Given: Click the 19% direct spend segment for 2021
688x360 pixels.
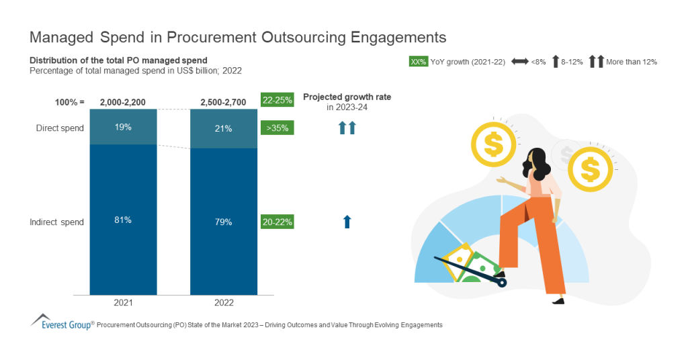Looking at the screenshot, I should point(123,127).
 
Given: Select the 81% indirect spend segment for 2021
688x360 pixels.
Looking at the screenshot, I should point(123,221).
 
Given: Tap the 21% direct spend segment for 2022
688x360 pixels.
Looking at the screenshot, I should point(224,128).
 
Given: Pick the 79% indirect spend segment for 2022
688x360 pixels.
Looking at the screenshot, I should point(224,222).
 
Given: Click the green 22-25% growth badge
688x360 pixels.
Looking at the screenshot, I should point(277,101).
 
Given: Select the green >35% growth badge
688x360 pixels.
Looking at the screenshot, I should point(277,128).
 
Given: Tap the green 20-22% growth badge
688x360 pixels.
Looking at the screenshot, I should point(277,222).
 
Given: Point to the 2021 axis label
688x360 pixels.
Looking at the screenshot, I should point(123,303).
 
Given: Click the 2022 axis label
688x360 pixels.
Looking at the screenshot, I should point(224,303).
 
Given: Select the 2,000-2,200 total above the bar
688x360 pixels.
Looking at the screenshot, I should point(123,102).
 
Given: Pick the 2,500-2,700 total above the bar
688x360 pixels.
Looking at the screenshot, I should point(224,102).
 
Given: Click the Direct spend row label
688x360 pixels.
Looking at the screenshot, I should point(60,128).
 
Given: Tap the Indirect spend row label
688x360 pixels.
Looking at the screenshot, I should point(57,222).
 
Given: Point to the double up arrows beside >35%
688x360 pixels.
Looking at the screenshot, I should point(347,128).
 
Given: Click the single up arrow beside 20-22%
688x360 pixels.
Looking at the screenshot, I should point(347,222).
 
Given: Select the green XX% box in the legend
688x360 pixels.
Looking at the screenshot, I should point(418,62).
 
